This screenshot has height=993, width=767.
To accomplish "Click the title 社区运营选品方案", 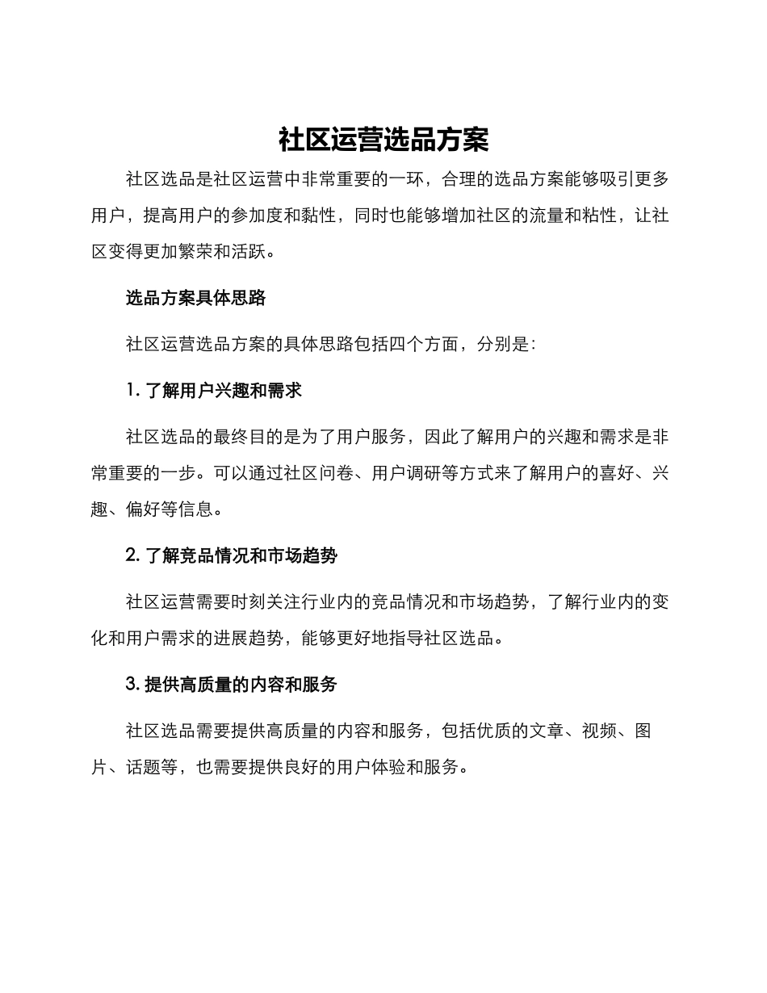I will pyautogui.click(x=383, y=140).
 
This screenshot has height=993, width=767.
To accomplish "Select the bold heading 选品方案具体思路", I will pyautogui.click(x=196, y=298).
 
